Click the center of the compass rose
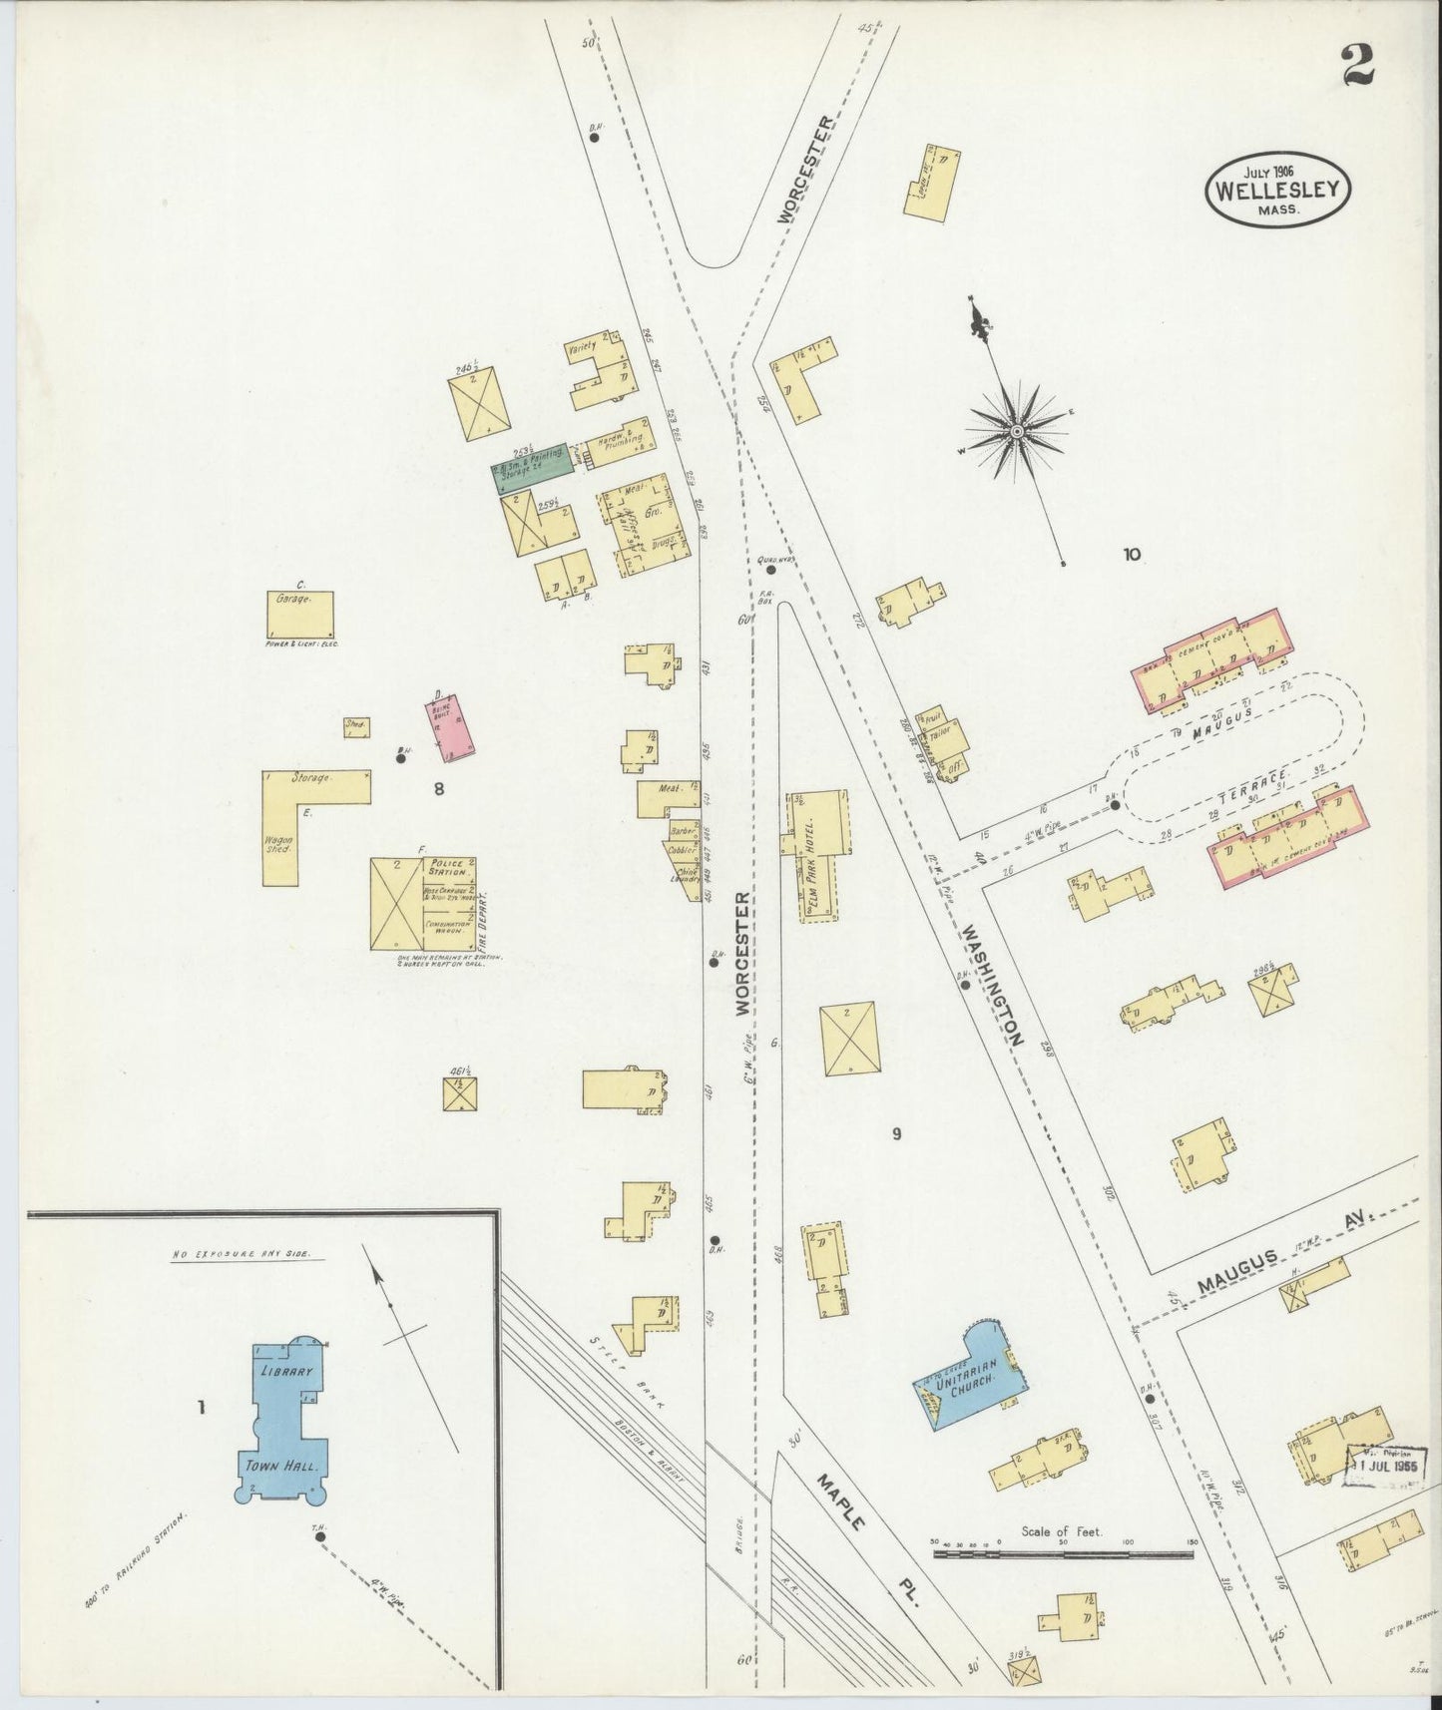pyautogui.click(x=1016, y=431)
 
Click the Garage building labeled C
pyautogui.click(x=300, y=614)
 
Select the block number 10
pyautogui.click(x=1131, y=554)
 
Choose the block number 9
pyautogui.click(x=896, y=1133)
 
